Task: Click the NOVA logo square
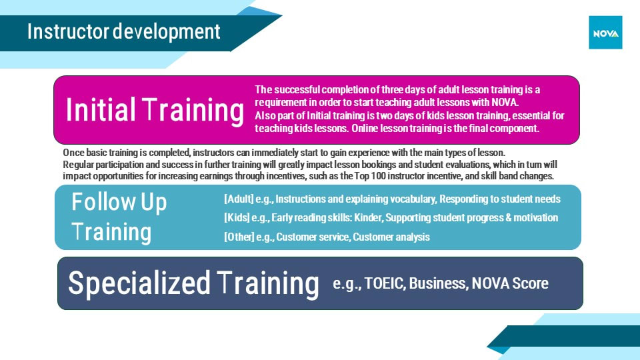coord(605,33)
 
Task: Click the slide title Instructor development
coord(124,32)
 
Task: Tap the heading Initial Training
coord(155,110)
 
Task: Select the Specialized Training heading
coord(193,283)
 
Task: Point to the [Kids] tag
coord(237,218)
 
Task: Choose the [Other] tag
coord(239,237)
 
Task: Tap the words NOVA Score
coord(510,283)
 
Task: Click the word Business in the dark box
coord(439,283)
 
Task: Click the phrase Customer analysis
coord(391,237)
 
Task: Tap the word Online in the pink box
coord(365,128)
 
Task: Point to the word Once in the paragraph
coord(73,153)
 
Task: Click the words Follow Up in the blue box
coord(119,202)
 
